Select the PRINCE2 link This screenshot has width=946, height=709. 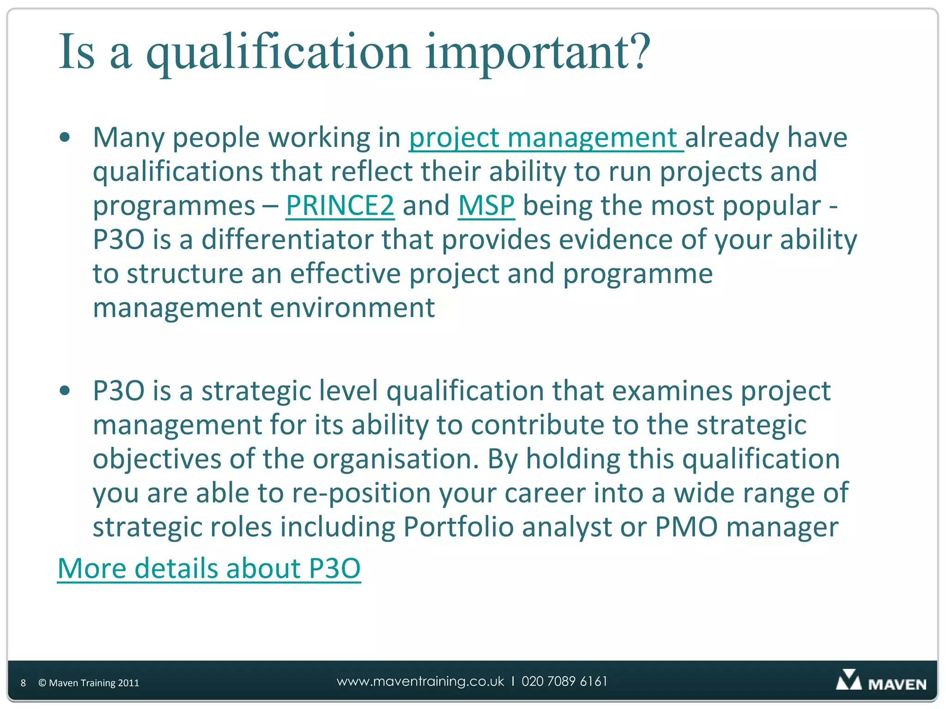click(340, 206)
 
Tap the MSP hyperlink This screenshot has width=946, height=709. click(486, 206)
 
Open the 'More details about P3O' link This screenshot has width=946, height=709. click(209, 568)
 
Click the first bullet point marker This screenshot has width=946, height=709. click(65, 138)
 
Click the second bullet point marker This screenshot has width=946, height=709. click(65, 391)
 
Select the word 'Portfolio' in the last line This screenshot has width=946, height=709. click(458, 527)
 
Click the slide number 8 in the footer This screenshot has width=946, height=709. click(23, 683)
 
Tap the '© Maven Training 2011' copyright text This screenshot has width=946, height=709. click(89, 683)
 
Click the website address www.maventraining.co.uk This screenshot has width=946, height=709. click(420, 682)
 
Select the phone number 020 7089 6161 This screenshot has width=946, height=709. click(564, 682)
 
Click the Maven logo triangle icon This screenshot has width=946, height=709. click(849, 680)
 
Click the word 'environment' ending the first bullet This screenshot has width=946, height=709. click(352, 308)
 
